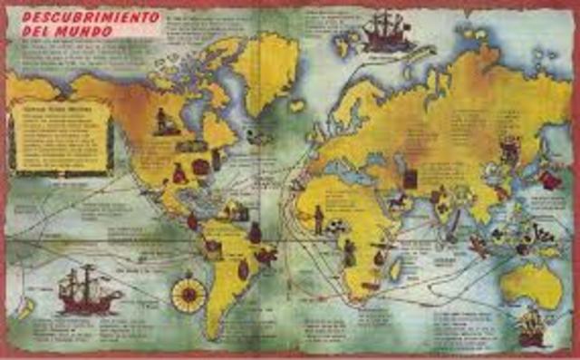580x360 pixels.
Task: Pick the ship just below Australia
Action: click(x=531, y=325)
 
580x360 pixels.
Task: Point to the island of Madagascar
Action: click(x=396, y=267)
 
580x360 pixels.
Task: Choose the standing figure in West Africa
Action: click(x=318, y=218)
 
